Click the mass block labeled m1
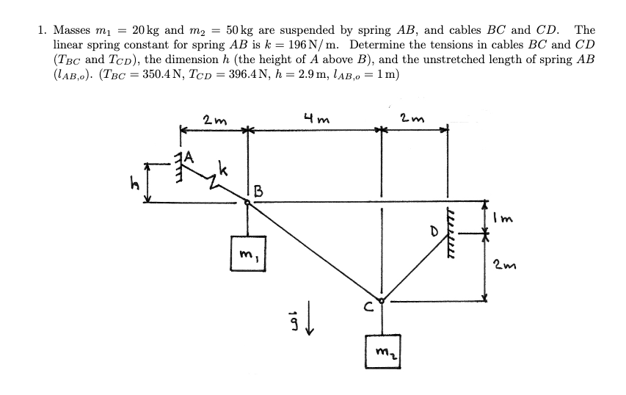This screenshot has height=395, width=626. pyautogui.click(x=247, y=253)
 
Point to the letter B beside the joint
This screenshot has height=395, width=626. pyautogui.click(x=258, y=192)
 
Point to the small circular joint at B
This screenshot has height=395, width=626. pyautogui.click(x=248, y=205)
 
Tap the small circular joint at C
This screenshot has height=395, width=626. pyautogui.click(x=381, y=300)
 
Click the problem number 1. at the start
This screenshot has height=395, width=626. pyautogui.click(x=43, y=30)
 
